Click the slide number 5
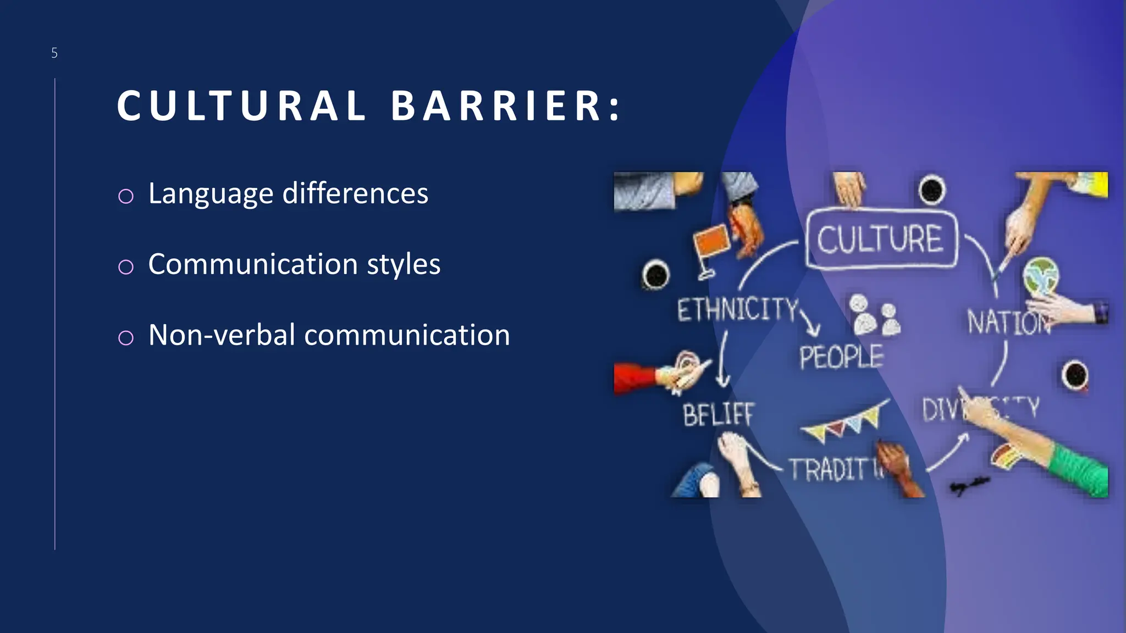54,53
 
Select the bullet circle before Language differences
126,196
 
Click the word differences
355,193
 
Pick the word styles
404,264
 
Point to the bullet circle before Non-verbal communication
126,337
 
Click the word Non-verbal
222,335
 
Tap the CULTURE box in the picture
881,240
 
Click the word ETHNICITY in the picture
737,309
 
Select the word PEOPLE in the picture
841,357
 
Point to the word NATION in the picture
1007,323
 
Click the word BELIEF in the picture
718,414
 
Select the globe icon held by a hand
1041,276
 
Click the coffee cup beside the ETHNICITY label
655,274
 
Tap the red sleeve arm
636,378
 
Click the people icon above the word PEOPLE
875,316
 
